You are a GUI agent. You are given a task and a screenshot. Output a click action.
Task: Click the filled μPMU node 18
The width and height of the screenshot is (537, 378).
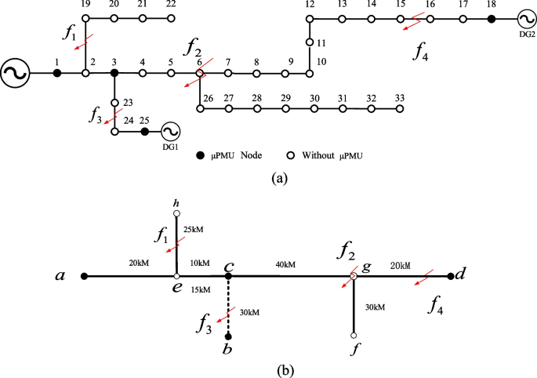[x=492, y=18]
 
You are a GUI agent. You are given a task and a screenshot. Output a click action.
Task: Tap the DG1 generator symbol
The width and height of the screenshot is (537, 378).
[x=170, y=132]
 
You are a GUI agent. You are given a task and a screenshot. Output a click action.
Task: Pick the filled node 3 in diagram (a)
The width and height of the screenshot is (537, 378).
[x=114, y=73]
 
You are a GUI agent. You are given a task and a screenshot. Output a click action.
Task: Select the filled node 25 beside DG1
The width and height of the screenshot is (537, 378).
[x=144, y=132]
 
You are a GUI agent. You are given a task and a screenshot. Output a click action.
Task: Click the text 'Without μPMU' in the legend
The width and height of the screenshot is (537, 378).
[x=339, y=155]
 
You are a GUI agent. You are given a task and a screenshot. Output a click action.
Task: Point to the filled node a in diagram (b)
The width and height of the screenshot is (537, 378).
[x=83, y=276]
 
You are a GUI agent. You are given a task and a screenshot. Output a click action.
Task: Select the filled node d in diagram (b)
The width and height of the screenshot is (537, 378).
[x=450, y=276]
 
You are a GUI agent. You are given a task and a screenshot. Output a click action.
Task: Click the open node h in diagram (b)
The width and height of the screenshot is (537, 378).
[x=177, y=213]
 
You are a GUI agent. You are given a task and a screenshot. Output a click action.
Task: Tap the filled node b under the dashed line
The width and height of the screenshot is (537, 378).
[x=228, y=336]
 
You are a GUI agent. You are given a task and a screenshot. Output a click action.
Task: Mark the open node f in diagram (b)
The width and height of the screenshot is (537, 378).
[x=354, y=336]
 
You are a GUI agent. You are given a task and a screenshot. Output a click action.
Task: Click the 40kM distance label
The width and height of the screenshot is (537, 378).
[x=285, y=265]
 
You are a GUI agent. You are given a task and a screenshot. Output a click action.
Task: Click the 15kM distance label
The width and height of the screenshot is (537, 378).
[x=201, y=289]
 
